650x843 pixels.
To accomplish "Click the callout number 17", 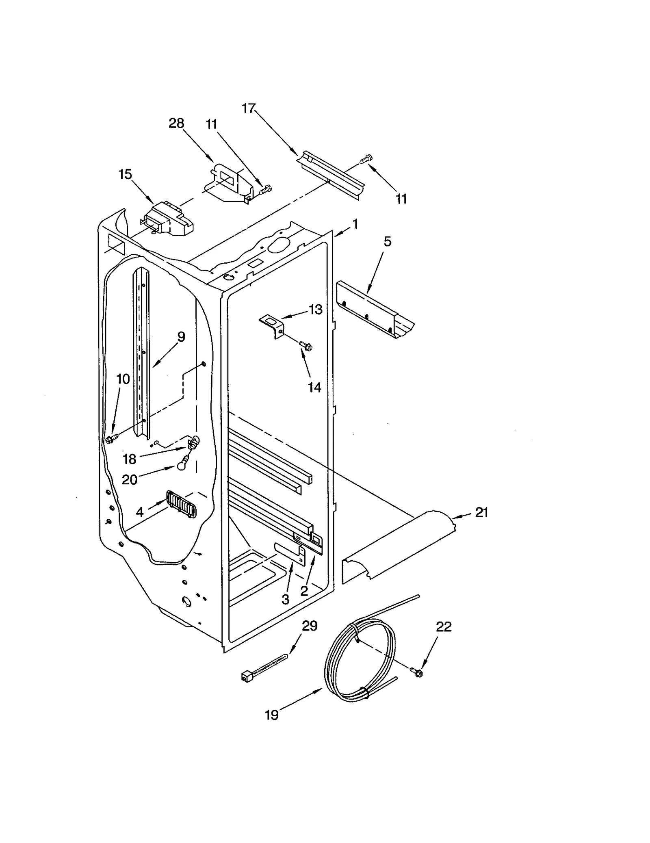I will click(249, 108).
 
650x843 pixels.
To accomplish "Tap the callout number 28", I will click(176, 123).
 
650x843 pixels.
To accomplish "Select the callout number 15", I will click(125, 174).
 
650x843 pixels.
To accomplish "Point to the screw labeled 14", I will click(305, 345).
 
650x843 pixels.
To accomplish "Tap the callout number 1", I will click(355, 224).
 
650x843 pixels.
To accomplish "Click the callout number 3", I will click(285, 599).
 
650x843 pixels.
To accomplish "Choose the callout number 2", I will click(304, 591).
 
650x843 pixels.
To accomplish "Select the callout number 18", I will click(129, 459).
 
